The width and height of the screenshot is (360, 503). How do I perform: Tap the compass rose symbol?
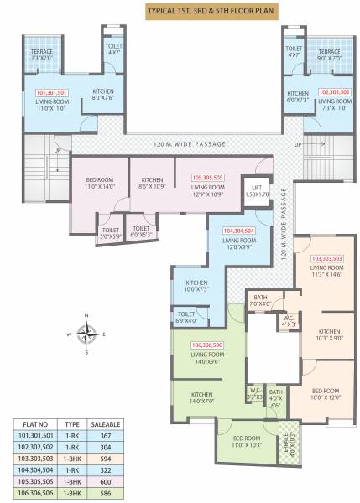85,334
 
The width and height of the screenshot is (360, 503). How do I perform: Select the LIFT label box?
257,190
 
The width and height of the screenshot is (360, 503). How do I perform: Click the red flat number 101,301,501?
53,93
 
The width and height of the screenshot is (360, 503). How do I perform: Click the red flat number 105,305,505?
207,178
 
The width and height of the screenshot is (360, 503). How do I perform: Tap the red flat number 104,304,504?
238,230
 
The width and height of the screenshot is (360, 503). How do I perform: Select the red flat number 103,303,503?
329,258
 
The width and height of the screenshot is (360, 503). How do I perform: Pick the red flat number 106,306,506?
206,345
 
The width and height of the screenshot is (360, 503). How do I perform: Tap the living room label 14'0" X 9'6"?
206,360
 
